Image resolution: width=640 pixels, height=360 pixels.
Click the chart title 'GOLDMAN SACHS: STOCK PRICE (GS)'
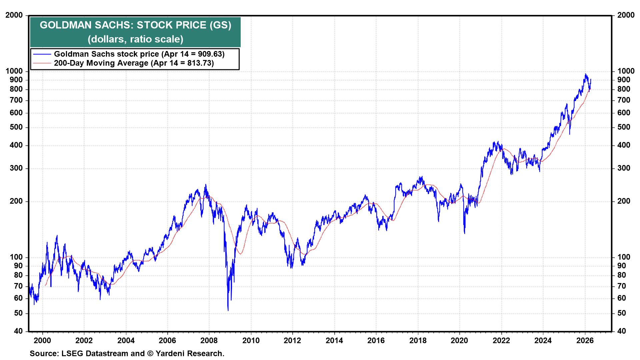[x=135, y=25]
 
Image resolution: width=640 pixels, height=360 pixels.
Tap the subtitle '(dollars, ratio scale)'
[x=135, y=39]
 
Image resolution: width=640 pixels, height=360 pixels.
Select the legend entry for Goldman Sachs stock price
[x=139, y=54]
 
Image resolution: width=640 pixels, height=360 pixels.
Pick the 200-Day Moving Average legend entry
[x=134, y=63]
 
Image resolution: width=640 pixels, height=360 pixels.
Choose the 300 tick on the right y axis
[x=624, y=168]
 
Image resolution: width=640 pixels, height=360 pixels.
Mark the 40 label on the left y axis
[x=19, y=331]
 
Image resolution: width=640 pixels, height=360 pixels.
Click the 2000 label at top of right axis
[x=626, y=15]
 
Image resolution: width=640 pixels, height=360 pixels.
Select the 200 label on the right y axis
[x=624, y=201]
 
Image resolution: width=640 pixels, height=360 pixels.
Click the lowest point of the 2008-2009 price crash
[x=228, y=310]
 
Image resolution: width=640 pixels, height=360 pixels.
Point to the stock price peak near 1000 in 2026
[x=585, y=74]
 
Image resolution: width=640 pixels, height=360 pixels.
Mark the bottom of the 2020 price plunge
[x=465, y=233]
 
